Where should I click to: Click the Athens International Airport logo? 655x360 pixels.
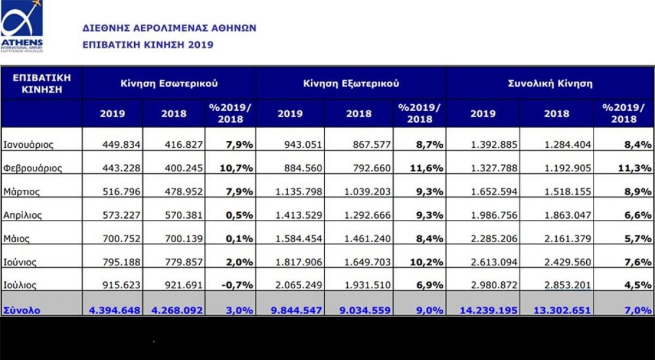pyautogui.click(x=22, y=26)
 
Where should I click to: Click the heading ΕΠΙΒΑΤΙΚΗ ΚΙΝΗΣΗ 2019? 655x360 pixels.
pyautogui.click(x=148, y=45)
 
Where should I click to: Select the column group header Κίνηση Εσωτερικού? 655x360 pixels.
pyautogui.click(x=169, y=83)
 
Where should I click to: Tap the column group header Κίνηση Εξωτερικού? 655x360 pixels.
pyautogui.click(x=351, y=83)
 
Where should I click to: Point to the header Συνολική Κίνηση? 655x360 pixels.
pyautogui.click(x=550, y=83)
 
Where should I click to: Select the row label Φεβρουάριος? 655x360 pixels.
pyautogui.click(x=33, y=169)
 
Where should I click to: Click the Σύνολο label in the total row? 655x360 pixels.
pyautogui.click(x=22, y=310)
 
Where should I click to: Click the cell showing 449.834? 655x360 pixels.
pyautogui.click(x=121, y=145)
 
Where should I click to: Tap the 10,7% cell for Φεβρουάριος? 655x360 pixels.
pyautogui.click(x=236, y=169)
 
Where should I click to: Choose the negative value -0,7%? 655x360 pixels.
pyautogui.click(x=237, y=285)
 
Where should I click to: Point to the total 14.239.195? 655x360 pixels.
pyautogui.click(x=489, y=310)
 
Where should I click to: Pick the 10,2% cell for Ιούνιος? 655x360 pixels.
pyautogui.click(x=426, y=262)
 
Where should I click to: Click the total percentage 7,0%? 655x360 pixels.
pyautogui.click(x=639, y=310)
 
